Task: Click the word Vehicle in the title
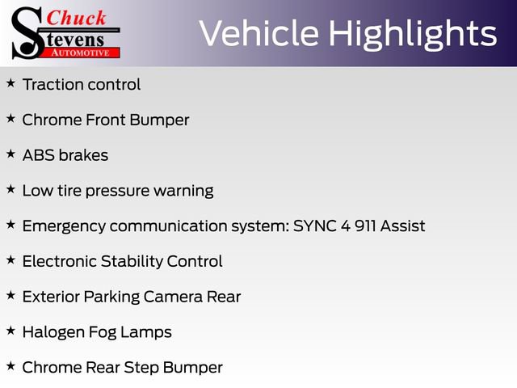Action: point(258,34)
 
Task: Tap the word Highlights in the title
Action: point(412,34)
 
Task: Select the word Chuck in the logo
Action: point(76,18)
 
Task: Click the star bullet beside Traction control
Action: point(11,83)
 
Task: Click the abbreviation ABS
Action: point(39,155)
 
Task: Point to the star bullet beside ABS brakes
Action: point(11,154)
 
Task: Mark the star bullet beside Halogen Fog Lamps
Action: point(11,331)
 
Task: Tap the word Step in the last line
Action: point(142,368)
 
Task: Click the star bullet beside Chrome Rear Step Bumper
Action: point(11,366)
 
